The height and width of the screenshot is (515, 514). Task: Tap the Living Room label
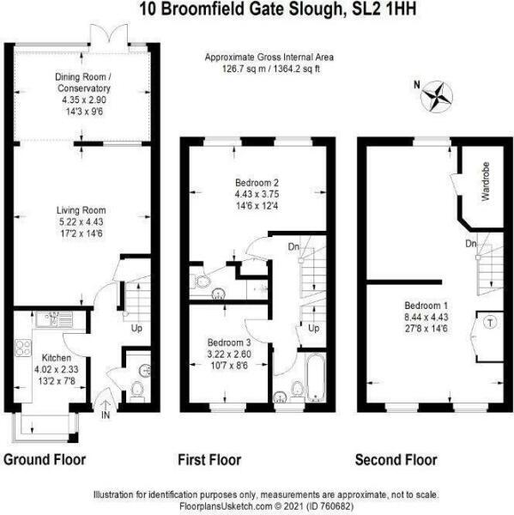[x=80, y=210]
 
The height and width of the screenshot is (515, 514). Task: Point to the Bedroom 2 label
[x=257, y=182]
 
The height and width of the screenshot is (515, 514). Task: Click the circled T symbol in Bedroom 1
[x=489, y=323]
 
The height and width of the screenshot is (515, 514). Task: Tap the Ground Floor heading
[x=45, y=460]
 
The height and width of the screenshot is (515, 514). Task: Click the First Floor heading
[x=210, y=460]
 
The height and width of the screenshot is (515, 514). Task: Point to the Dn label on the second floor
[x=470, y=245]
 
